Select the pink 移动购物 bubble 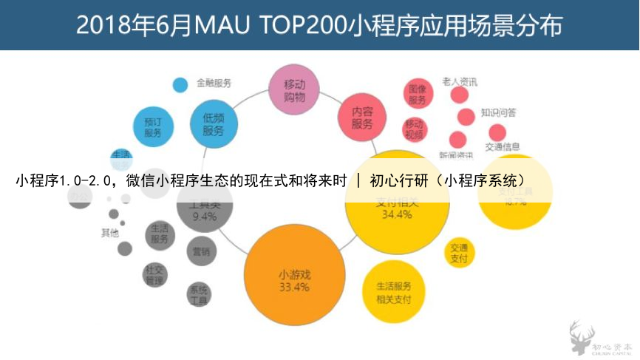tap(294, 89)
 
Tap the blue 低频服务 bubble tap(214, 123)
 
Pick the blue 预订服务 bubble tap(153, 127)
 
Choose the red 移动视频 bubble tap(415, 129)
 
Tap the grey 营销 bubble tap(201, 251)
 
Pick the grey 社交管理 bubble tap(154, 275)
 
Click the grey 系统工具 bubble tap(199, 294)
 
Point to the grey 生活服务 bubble tap(159, 234)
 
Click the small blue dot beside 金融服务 tap(180, 84)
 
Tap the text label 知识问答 tap(499, 113)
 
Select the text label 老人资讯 tap(460, 81)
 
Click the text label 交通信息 tap(503, 146)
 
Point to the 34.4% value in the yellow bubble tap(397, 215)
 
